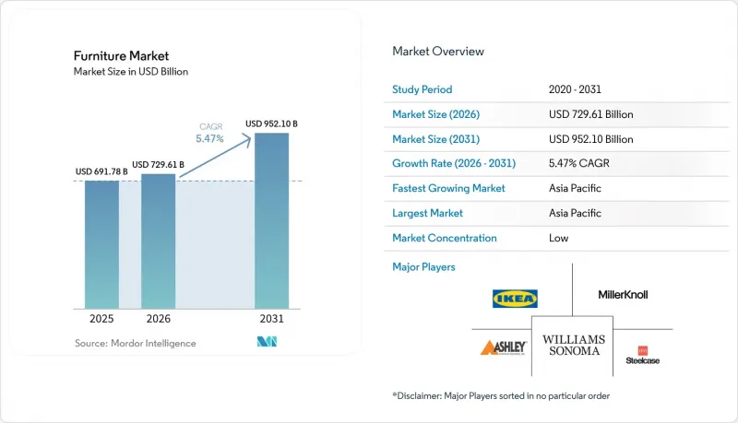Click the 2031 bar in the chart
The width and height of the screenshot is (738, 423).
click(x=271, y=221)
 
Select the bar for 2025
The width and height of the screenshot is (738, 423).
click(x=101, y=244)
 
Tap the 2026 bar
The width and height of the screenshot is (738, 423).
click(x=158, y=241)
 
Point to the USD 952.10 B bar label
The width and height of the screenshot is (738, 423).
click(x=271, y=123)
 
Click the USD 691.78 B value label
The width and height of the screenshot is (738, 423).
click(x=101, y=171)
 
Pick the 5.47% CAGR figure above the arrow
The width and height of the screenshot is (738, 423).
click(x=210, y=138)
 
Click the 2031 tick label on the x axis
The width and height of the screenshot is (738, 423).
click(x=271, y=319)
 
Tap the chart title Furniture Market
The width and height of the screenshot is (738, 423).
click(x=121, y=56)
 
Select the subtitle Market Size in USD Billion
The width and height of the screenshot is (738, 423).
click(x=131, y=72)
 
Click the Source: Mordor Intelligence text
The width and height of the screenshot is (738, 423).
click(x=135, y=343)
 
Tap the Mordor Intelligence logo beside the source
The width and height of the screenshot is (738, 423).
click(x=267, y=342)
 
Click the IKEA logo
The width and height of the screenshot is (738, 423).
click(x=515, y=299)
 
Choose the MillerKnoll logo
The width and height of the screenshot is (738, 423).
click(x=623, y=295)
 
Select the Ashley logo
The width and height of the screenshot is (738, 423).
click(x=503, y=347)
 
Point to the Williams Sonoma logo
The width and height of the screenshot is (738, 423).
click(x=574, y=345)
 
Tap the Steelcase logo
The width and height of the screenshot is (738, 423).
click(x=642, y=356)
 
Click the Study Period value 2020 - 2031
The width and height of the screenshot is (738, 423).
click(x=575, y=89)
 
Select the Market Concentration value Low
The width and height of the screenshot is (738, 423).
click(x=559, y=238)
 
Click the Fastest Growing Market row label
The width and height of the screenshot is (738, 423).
click(x=448, y=188)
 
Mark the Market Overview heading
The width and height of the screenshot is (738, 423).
click(x=438, y=52)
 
